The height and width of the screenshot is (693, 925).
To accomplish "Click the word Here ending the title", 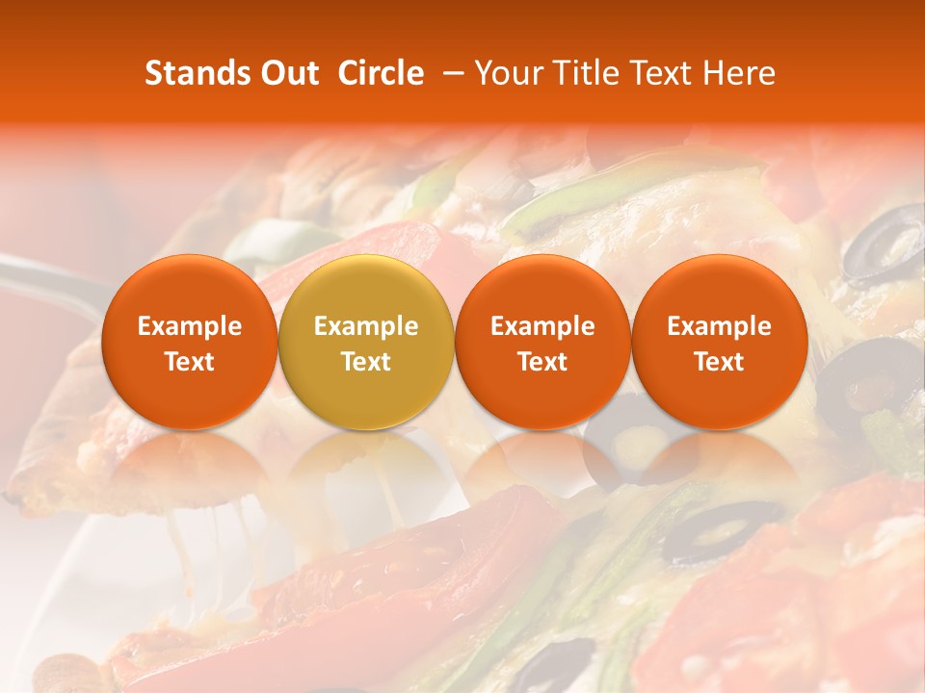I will pyautogui.click(x=741, y=73).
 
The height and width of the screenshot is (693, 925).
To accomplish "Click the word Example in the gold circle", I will pyautogui.click(x=366, y=326).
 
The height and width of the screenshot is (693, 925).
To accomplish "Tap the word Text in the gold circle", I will pyautogui.click(x=366, y=362).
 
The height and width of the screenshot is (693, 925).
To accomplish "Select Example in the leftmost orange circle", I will pyautogui.click(x=190, y=326).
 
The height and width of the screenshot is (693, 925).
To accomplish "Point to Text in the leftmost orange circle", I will pyautogui.click(x=190, y=362).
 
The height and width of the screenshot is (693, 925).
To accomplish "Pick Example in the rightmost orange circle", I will pyautogui.click(x=720, y=326).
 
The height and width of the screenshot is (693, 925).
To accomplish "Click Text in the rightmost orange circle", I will pyautogui.click(x=720, y=362).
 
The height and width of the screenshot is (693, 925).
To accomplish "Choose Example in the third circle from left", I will pyautogui.click(x=542, y=326).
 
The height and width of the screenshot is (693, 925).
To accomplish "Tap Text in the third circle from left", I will pyautogui.click(x=542, y=362).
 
